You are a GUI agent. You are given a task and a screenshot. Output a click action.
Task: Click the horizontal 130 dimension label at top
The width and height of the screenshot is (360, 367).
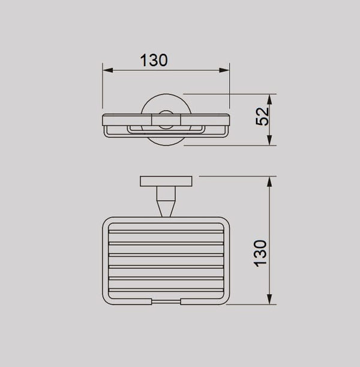point(154,60)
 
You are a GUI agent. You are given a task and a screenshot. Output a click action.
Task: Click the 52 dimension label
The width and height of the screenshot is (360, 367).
point(262,117)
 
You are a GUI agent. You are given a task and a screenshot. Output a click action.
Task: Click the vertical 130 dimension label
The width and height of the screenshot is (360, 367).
point(260,253)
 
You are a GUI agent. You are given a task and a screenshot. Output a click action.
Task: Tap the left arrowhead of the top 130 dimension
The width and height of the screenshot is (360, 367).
point(108,70)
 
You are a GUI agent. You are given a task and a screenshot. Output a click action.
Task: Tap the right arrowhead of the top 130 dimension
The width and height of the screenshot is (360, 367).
point(224,70)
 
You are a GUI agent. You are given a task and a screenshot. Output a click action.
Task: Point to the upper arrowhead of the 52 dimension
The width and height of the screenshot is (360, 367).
point(269,99)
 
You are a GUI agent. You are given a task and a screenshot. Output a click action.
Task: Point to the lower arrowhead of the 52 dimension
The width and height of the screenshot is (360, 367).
point(269,140)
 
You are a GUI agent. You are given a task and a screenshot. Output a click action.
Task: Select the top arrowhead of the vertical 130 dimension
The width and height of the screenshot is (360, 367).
point(269,181)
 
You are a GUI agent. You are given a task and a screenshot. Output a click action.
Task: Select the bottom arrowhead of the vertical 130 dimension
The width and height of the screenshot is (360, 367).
point(269,299)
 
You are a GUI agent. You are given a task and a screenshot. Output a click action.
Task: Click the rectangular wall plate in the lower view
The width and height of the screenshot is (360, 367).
point(166,181)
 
